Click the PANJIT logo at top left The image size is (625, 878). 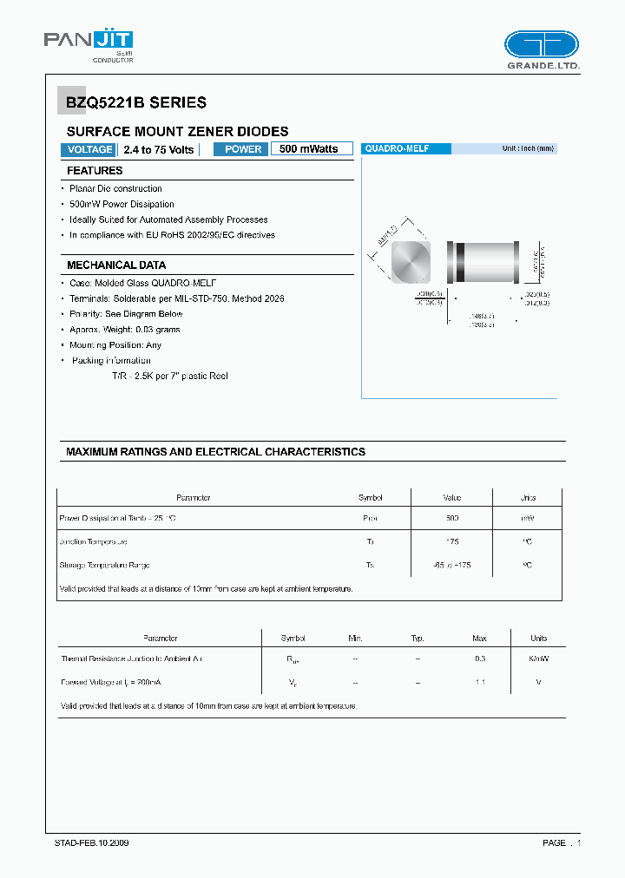pos(88,46)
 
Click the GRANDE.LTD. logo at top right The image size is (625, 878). pos(542,50)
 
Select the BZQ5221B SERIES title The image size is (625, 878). pos(136,102)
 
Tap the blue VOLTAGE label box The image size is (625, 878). pos(89,149)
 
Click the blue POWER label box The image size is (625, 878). pos(243,149)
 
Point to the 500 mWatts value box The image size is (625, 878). pos(311,149)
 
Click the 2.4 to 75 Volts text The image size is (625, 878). pos(159,149)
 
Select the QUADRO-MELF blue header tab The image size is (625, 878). pos(405,149)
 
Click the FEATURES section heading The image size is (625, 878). pos(95,171)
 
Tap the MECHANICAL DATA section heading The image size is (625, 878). pos(116,265)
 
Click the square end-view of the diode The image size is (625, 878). pos(411,261)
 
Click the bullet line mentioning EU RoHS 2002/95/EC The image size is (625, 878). pos(172,235)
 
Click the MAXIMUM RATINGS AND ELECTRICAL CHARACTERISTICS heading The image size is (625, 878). pos(215,452)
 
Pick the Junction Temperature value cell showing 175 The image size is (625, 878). pos(451,541)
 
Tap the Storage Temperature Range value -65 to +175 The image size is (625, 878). pos(451,565)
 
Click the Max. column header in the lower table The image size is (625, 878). pos(479,638)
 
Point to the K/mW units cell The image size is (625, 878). pos(539,659)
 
